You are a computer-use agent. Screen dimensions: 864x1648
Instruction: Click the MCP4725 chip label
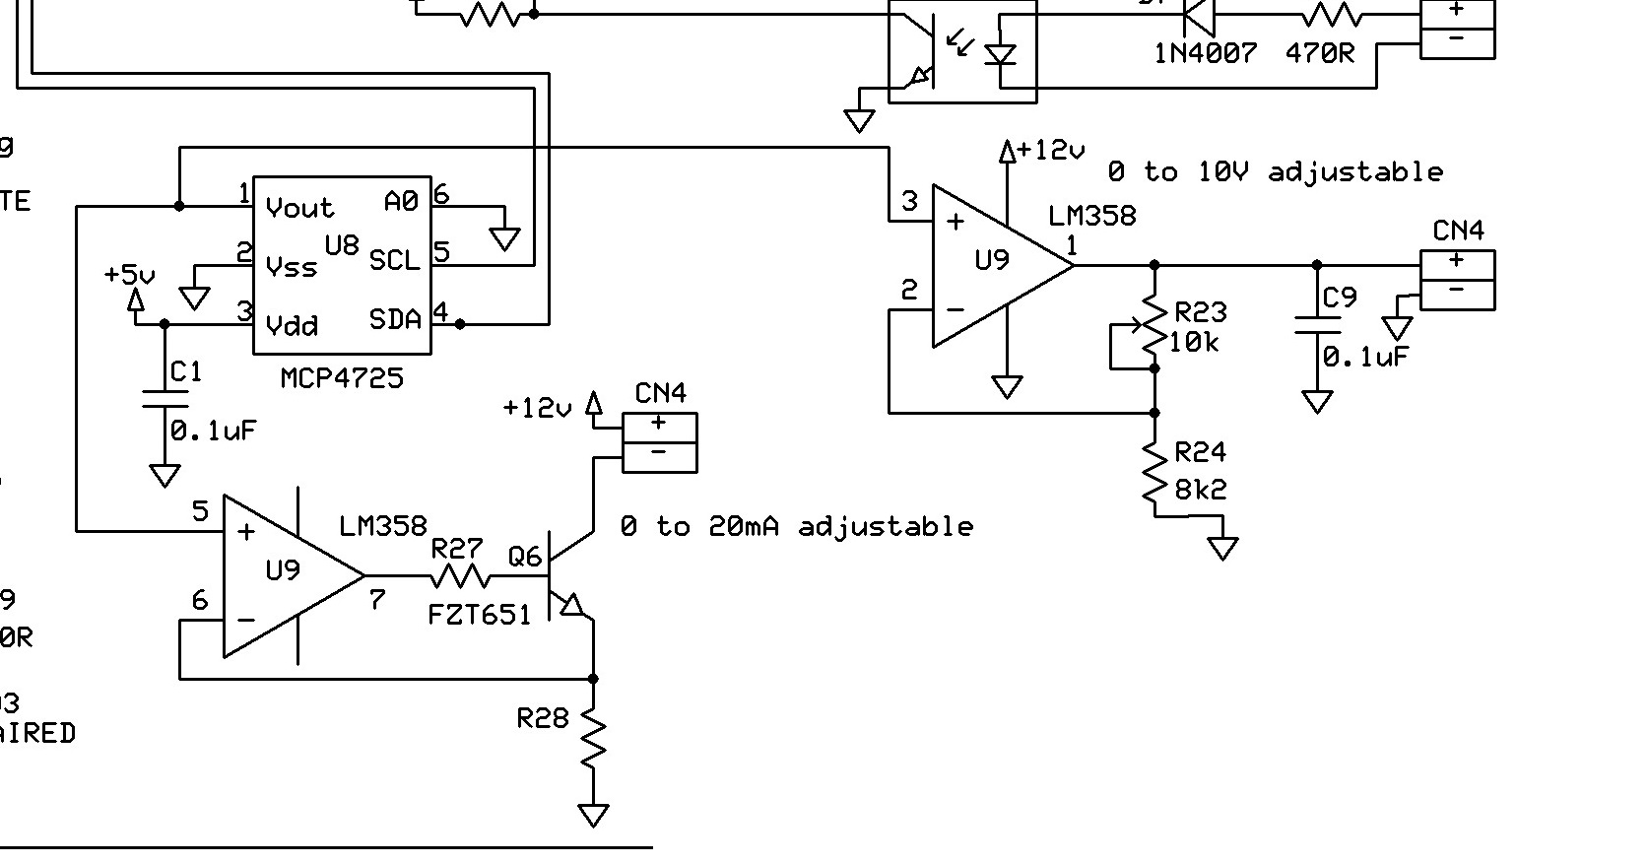tap(342, 378)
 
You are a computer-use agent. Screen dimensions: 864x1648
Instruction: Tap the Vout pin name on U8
tap(299, 208)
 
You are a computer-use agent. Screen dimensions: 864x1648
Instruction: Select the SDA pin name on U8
tap(395, 319)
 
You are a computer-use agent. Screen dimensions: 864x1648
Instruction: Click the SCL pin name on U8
tap(394, 261)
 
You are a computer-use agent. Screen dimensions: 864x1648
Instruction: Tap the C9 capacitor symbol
tap(1317, 325)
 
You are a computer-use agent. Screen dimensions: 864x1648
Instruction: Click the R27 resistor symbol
tap(460, 575)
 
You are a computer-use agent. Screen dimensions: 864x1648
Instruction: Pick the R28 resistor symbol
tap(593, 740)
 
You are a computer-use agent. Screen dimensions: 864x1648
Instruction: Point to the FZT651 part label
tap(480, 615)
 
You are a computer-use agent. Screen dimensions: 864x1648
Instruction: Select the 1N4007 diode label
tap(1206, 53)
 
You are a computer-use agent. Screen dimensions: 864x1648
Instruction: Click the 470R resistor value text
tap(1320, 53)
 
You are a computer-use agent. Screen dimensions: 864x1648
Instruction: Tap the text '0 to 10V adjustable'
tap(1275, 172)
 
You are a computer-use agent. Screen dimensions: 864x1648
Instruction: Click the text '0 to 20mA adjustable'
tap(796, 527)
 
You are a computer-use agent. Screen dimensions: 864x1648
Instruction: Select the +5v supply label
tap(129, 275)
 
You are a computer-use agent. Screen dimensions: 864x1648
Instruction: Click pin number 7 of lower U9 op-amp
tap(377, 599)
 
